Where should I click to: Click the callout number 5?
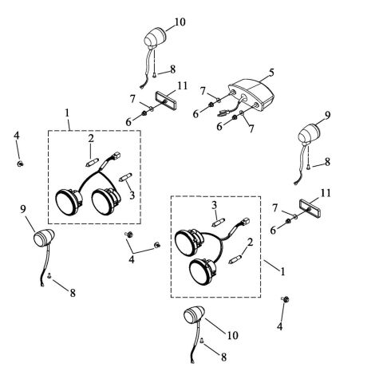click(271, 72)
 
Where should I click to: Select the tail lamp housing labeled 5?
click(251, 94)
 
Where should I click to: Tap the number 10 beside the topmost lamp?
click(180, 22)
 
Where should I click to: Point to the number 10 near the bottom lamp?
click(233, 335)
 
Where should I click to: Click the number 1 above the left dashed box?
click(67, 113)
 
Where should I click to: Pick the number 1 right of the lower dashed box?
click(282, 271)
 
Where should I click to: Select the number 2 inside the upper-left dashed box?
click(91, 138)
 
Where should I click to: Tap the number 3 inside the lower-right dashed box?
click(215, 205)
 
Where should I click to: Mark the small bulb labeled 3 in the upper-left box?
click(125, 176)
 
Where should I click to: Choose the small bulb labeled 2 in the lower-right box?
click(235, 259)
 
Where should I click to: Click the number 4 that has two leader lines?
click(132, 259)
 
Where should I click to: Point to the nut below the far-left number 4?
click(20, 164)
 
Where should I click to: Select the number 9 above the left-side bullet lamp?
click(23, 209)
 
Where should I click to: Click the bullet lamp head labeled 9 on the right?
click(310, 134)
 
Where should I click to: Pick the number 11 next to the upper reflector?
click(183, 86)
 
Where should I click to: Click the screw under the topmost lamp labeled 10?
click(155, 75)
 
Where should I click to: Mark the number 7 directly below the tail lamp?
click(251, 128)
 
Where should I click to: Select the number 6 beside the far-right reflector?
click(273, 231)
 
